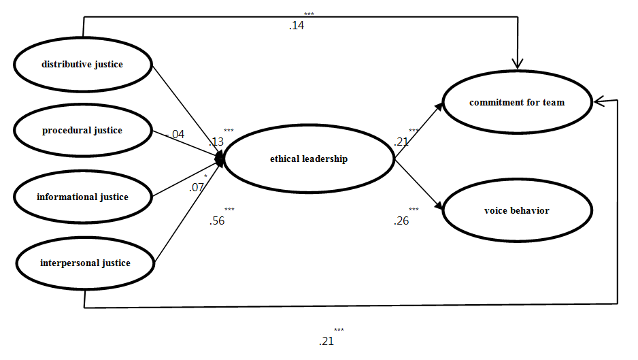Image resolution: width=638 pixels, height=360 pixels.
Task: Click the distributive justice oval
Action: coord(82,65)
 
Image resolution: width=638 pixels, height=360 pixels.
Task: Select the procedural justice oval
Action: coord(82,130)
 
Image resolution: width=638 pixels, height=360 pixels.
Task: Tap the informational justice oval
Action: coord(82,197)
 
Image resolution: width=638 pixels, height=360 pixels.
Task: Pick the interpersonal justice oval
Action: coord(84,263)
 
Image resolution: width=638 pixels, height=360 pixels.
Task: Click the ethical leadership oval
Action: coord(308,159)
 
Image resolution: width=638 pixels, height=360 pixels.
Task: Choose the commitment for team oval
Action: coord(517,103)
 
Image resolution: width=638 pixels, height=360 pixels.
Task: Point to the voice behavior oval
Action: coord(516,211)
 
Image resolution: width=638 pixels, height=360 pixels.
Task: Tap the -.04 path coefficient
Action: coord(175,135)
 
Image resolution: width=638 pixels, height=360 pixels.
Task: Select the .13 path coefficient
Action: coord(216,142)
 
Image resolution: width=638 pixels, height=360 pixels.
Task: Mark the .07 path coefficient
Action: coord(196,186)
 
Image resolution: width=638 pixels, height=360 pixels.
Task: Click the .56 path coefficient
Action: coord(218,220)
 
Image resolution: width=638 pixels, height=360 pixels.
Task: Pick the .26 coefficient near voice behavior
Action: coord(401,220)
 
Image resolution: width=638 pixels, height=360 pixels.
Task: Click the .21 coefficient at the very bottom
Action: coord(326,340)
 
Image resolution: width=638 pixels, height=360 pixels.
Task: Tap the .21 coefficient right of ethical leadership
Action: coord(401,142)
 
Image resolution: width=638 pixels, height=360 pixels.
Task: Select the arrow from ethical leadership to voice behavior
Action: coord(420,184)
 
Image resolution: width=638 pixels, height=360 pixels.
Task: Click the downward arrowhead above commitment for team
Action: coord(518,63)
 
